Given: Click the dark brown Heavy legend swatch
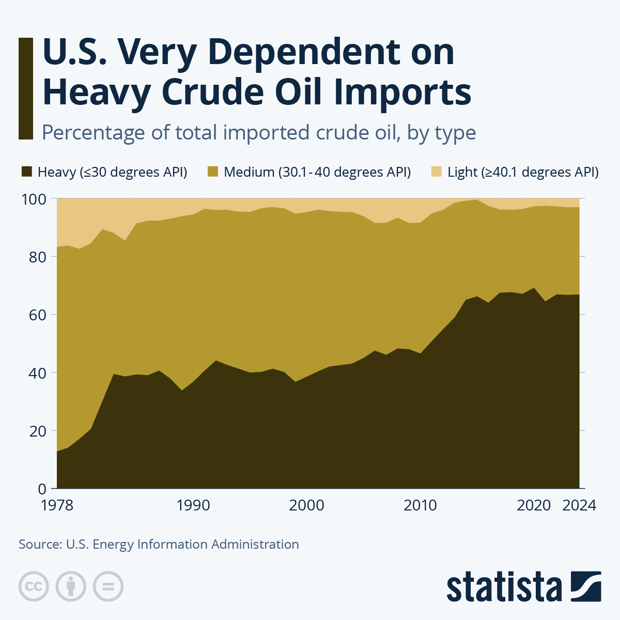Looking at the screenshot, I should point(27,172).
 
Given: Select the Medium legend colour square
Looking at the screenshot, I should point(213,172).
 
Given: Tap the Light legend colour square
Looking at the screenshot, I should point(437,172).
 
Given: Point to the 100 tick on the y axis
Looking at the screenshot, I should point(34,199).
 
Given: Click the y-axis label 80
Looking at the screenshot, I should point(38,257).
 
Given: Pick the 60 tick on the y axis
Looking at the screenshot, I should point(38,315).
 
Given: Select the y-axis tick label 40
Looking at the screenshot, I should point(38,373).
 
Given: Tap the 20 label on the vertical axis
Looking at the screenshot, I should point(38,431).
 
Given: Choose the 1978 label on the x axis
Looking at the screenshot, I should point(57,505).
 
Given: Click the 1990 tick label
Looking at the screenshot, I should point(193,505).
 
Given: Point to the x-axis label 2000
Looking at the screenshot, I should point(307,505).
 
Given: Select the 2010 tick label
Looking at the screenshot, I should point(421,505).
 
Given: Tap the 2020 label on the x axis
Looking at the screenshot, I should point(534,505).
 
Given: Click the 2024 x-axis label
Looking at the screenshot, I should point(579,505).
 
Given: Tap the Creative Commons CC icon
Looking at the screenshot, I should point(34,586).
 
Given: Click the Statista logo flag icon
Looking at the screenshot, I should point(586,586).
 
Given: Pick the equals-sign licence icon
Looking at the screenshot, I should point(108,586).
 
